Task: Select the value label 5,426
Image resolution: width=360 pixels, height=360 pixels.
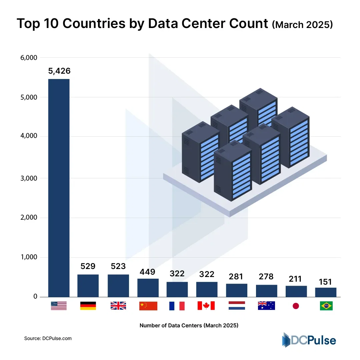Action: click(x=59, y=71)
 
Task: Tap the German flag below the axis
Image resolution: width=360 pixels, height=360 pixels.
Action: click(x=88, y=306)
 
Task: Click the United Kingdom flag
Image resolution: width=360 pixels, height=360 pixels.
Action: click(x=118, y=306)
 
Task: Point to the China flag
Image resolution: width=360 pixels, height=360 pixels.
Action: click(x=148, y=306)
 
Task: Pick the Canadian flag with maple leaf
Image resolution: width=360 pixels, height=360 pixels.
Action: click(x=206, y=306)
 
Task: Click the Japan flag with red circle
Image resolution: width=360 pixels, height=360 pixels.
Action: click(x=296, y=306)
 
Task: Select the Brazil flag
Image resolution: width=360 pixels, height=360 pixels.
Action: click(x=326, y=306)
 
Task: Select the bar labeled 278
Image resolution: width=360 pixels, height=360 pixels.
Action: click(x=266, y=291)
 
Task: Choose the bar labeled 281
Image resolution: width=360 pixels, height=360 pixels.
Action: click(x=237, y=290)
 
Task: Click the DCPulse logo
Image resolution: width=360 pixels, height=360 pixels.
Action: click(x=309, y=340)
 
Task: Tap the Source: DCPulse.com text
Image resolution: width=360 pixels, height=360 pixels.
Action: click(x=48, y=338)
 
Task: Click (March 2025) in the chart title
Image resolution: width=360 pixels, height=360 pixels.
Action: click(x=302, y=25)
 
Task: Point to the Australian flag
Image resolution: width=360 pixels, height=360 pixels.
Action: click(x=266, y=306)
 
